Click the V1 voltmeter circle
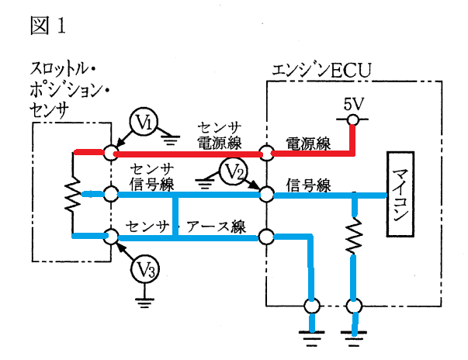coord(144,123)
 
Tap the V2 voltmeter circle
coord(234,172)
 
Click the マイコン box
coord(400,194)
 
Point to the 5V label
coord(354,104)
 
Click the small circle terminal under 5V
coord(352,119)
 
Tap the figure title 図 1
coord(47,25)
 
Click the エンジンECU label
coord(322,71)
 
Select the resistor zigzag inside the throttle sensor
coord(72,195)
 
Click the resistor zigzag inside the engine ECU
coord(354,236)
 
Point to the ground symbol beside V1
coord(171,140)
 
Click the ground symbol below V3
coord(144,303)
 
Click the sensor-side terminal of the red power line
coord(111,153)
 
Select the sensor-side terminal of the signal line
coord(111,194)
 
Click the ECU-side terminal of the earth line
coord(266,237)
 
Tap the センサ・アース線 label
coord(185,227)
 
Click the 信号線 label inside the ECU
coord(309,185)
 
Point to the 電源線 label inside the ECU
coord(308,144)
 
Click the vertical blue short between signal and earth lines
coord(175,216)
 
